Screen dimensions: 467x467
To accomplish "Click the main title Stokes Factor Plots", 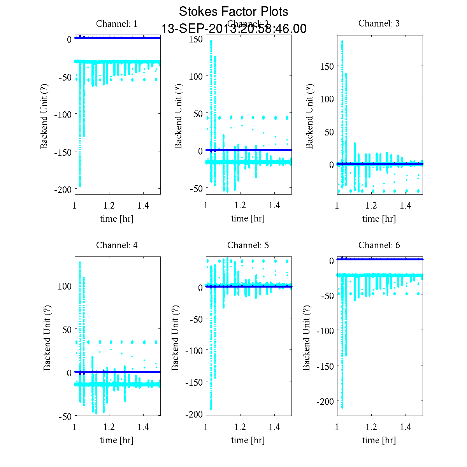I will (x=233, y=12).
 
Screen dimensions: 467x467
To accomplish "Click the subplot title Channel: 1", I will (x=117, y=24).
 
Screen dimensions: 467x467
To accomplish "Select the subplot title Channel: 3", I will (x=379, y=23).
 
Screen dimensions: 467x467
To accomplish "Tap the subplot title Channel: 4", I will (x=117, y=246).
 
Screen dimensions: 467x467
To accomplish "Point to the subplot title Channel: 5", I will (x=248, y=246).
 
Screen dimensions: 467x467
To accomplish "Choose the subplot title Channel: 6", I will (x=379, y=246).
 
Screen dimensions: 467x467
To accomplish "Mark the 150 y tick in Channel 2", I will (x=196, y=39).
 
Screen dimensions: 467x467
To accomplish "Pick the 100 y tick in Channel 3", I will (x=327, y=99).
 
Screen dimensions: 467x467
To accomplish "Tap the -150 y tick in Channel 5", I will (x=193, y=383).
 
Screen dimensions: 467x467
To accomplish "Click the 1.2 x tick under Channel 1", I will (x=109, y=206).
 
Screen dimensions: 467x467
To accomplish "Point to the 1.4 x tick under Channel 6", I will (x=406, y=427).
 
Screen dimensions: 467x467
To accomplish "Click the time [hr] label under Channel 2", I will (x=248, y=219).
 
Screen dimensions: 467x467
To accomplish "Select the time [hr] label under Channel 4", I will (x=117, y=441).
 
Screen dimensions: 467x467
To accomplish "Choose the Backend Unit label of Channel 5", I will (x=176, y=338).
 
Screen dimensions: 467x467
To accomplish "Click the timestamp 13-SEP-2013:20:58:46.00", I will (x=233, y=29).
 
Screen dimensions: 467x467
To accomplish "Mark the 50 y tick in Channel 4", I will (x=67, y=330).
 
